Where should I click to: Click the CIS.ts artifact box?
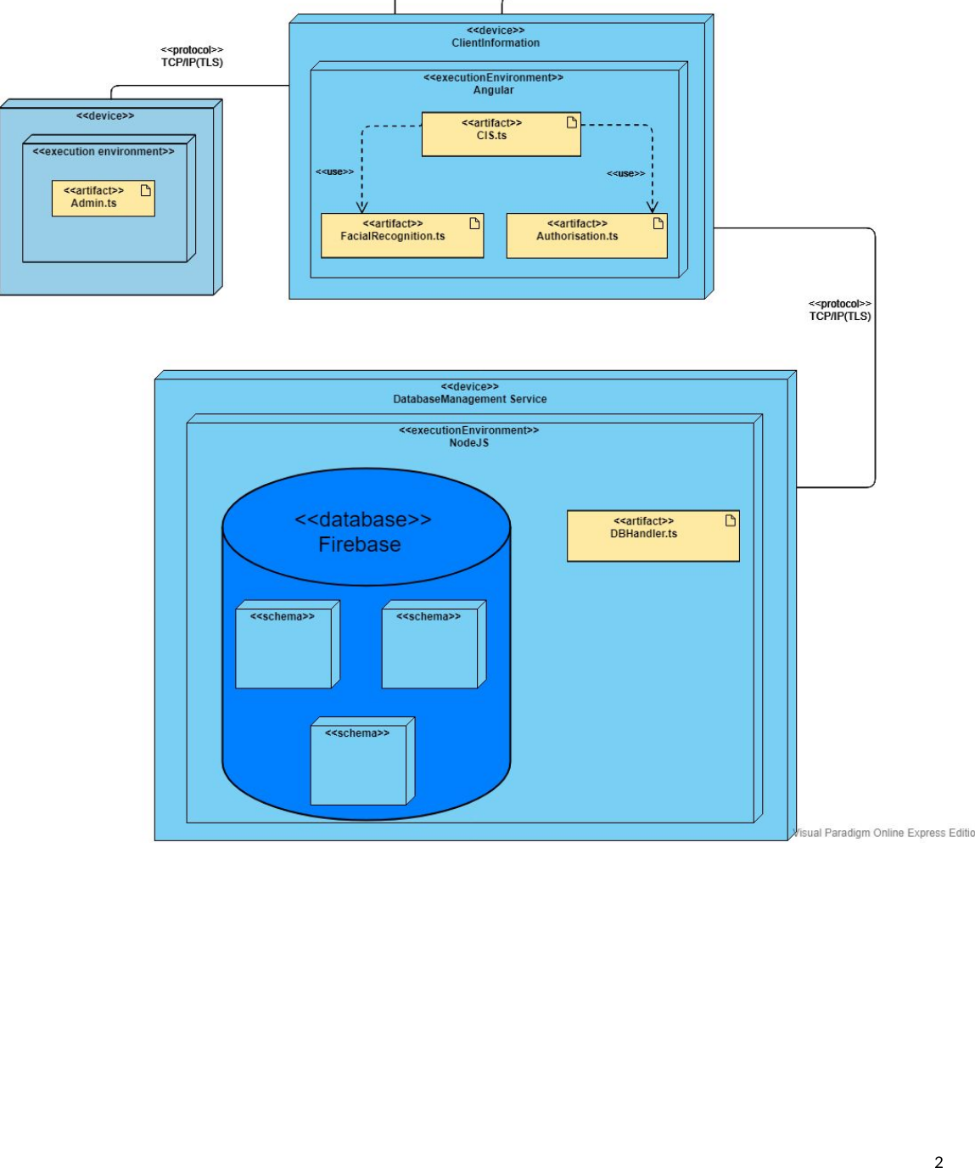[x=501, y=135]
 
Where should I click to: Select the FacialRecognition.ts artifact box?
[x=401, y=236]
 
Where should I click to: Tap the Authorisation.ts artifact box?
[x=586, y=236]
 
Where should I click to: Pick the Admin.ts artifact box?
[x=103, y=199]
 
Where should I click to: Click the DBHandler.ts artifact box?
[x=653, y=536]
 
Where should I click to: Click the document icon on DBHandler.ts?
[x=731, y=520]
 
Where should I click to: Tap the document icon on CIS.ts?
[x=572, y=122]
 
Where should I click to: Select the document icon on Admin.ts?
[x=146, y=190]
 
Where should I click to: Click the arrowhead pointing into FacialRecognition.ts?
[x=362, y=207]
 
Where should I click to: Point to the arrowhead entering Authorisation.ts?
[x=653, y=207]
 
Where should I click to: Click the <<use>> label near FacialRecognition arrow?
[x=334, y=171]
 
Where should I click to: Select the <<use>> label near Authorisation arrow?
[x=625, y=173]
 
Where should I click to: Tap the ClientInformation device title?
[x=496, y=42]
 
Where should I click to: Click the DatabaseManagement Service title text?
[x=470, y=399]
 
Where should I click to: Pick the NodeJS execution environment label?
[x=469, y=442]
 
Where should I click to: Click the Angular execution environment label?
[x=493, y=90]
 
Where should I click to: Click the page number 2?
[x=939, y=1162]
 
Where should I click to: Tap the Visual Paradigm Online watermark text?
[x=883, y=833]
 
